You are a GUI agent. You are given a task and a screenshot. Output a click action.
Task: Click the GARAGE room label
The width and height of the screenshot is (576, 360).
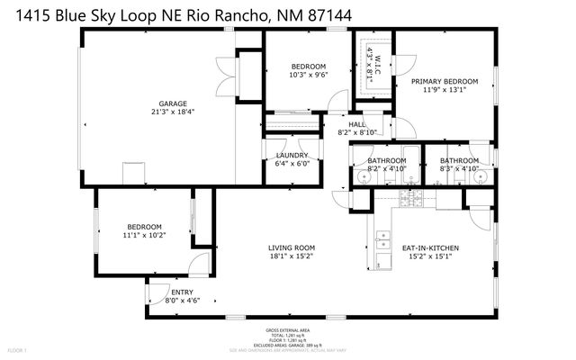coord(161,103)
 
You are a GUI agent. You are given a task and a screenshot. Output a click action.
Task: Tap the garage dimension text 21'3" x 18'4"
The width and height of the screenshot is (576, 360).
coord(161,112)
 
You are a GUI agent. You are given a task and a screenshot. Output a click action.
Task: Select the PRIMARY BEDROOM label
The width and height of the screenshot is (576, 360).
coord(444,81)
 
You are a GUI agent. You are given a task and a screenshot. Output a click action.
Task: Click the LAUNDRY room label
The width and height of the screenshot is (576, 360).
coord(292,155)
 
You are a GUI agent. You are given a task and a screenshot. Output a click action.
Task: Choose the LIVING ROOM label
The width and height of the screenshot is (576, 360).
coord(292,247)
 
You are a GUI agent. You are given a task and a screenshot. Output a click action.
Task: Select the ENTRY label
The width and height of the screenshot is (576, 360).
coord(183,292)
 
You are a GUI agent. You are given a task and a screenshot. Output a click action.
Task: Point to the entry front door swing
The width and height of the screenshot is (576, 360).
coord(157,292)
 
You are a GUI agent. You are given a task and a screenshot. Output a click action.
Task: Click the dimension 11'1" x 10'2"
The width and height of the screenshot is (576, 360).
coord(144,236)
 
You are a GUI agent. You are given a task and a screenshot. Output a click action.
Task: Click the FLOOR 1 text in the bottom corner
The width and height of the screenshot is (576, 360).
coord(17,349)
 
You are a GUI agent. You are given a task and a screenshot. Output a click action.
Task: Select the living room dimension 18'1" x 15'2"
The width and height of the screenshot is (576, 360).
coord(292,256)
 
